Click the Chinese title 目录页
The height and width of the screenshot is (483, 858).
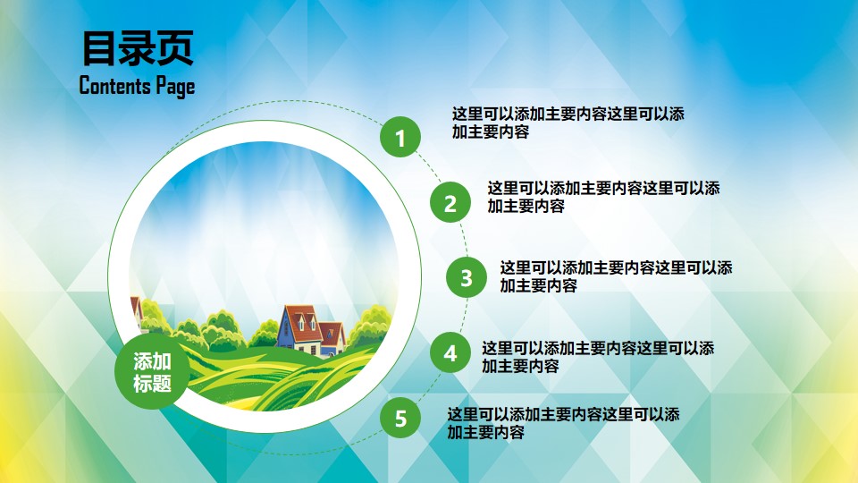(138, 48)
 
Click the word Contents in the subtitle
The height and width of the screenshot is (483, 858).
(114, 86)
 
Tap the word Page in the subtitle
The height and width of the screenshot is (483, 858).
(175, 87)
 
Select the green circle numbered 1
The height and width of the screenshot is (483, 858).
(400, 137)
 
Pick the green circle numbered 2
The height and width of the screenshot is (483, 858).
(450, 202)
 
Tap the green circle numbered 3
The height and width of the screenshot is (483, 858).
(467, 277)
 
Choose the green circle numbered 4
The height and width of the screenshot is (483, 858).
(450, 352)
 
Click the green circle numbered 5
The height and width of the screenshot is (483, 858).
(400, 418)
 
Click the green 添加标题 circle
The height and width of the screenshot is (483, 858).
(152, 372)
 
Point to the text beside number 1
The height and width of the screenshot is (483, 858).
(568, 123)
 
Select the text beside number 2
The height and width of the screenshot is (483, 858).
(603, 197)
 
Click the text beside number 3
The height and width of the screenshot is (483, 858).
(616, 276)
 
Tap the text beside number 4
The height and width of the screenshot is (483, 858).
(598, 357)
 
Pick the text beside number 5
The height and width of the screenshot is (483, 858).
(564, 423)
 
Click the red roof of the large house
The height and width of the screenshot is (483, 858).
(303, 321)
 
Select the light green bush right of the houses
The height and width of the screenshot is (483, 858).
(370, 326)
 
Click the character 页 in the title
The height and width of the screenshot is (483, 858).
(175, 48)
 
